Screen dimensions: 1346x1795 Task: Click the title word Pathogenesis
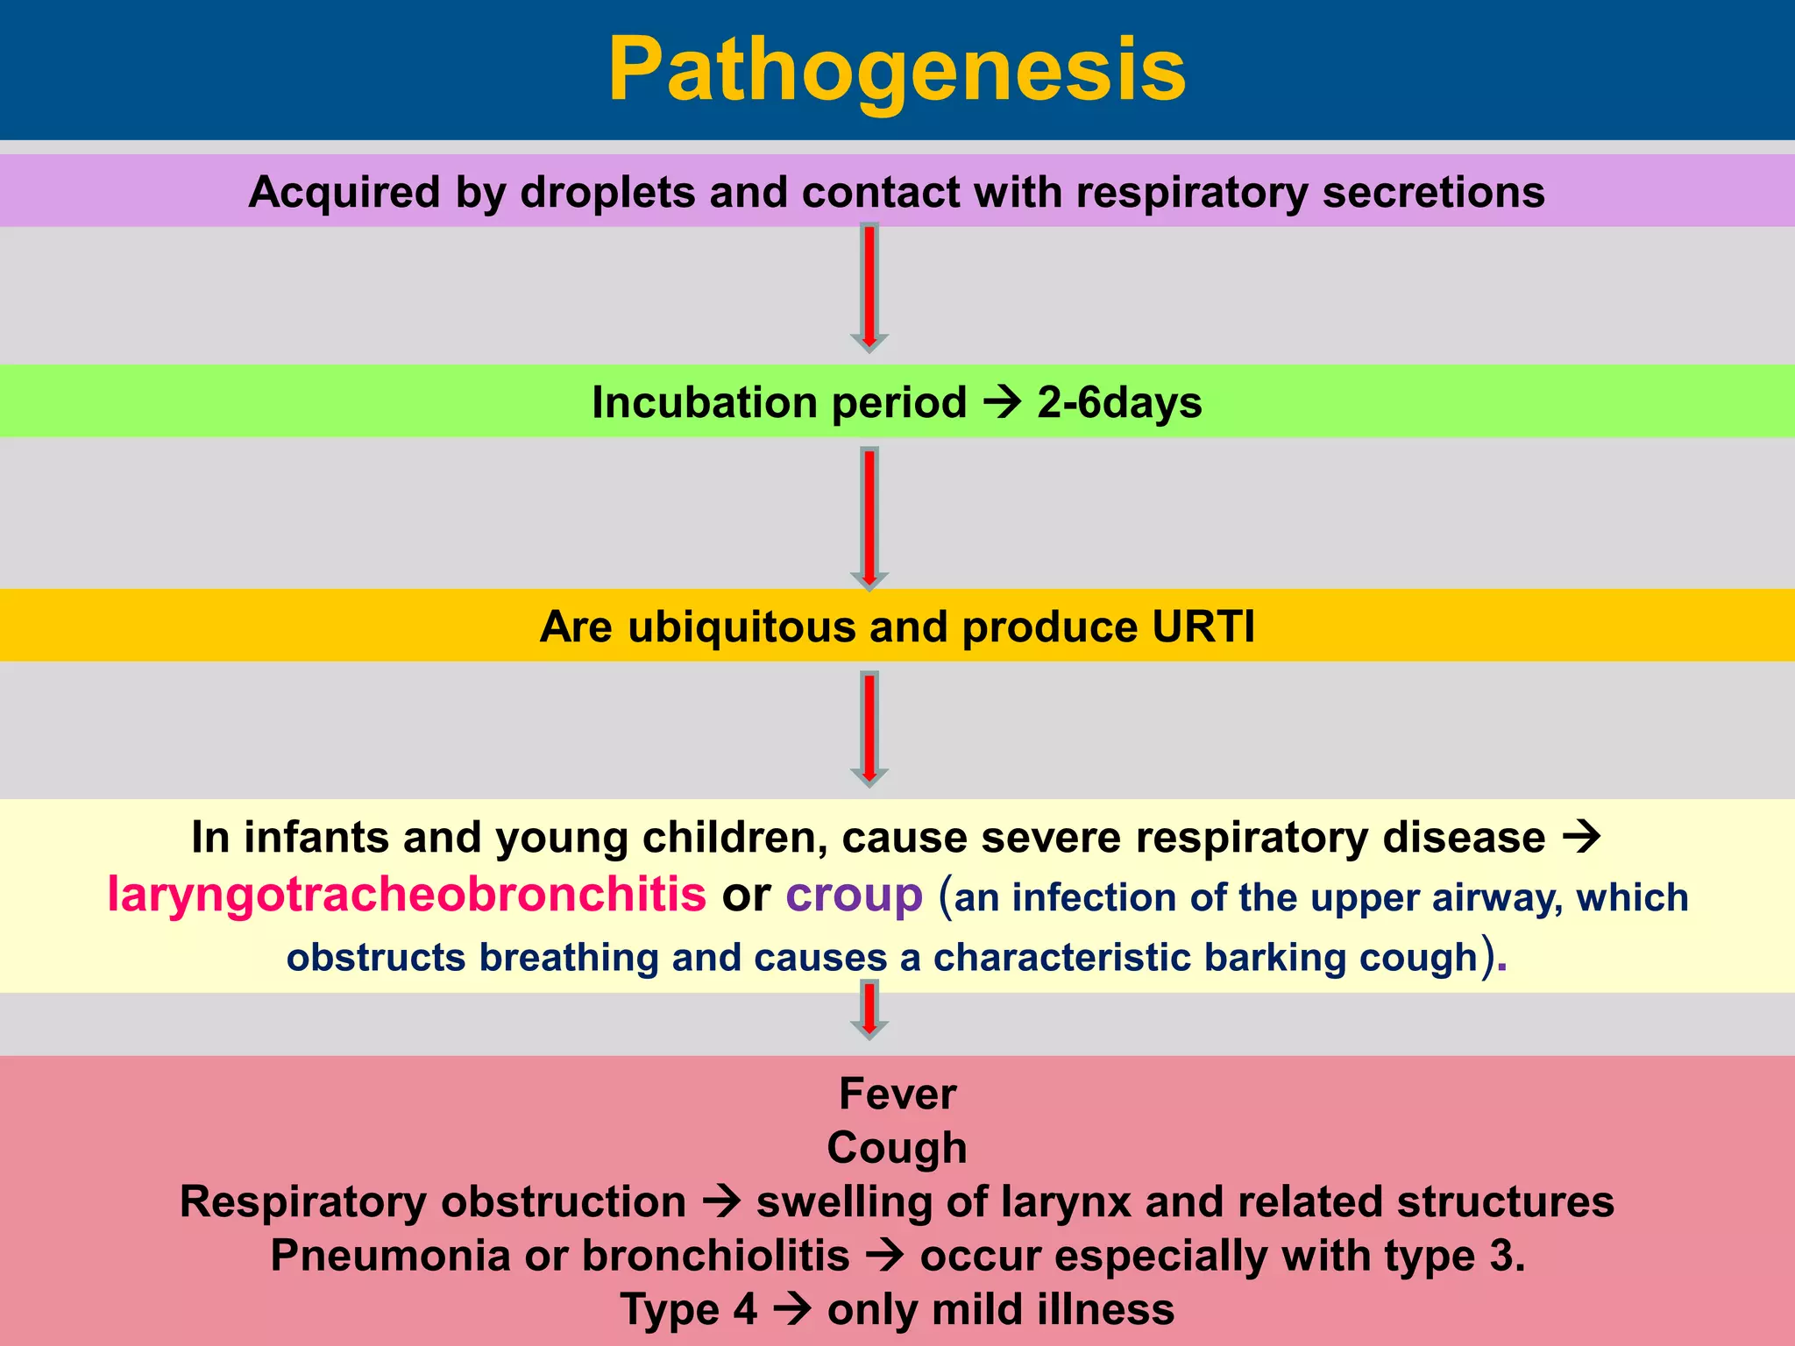tap(897, 70)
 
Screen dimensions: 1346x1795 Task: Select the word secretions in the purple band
tap(1433, 192)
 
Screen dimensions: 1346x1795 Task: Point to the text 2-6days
tap(1119, 403)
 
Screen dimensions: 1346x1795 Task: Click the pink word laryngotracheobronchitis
tap(407, 895)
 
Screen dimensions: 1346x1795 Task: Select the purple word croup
tap(854, 895)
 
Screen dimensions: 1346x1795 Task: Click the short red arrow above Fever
tap(869, 1010)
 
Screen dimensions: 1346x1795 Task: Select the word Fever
tap(897, 1094)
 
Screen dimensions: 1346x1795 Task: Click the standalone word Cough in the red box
tap(897, 1148)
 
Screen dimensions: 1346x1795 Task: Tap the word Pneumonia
tap(390, 1256)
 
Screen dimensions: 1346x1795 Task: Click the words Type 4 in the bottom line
tap(689, 1310)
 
